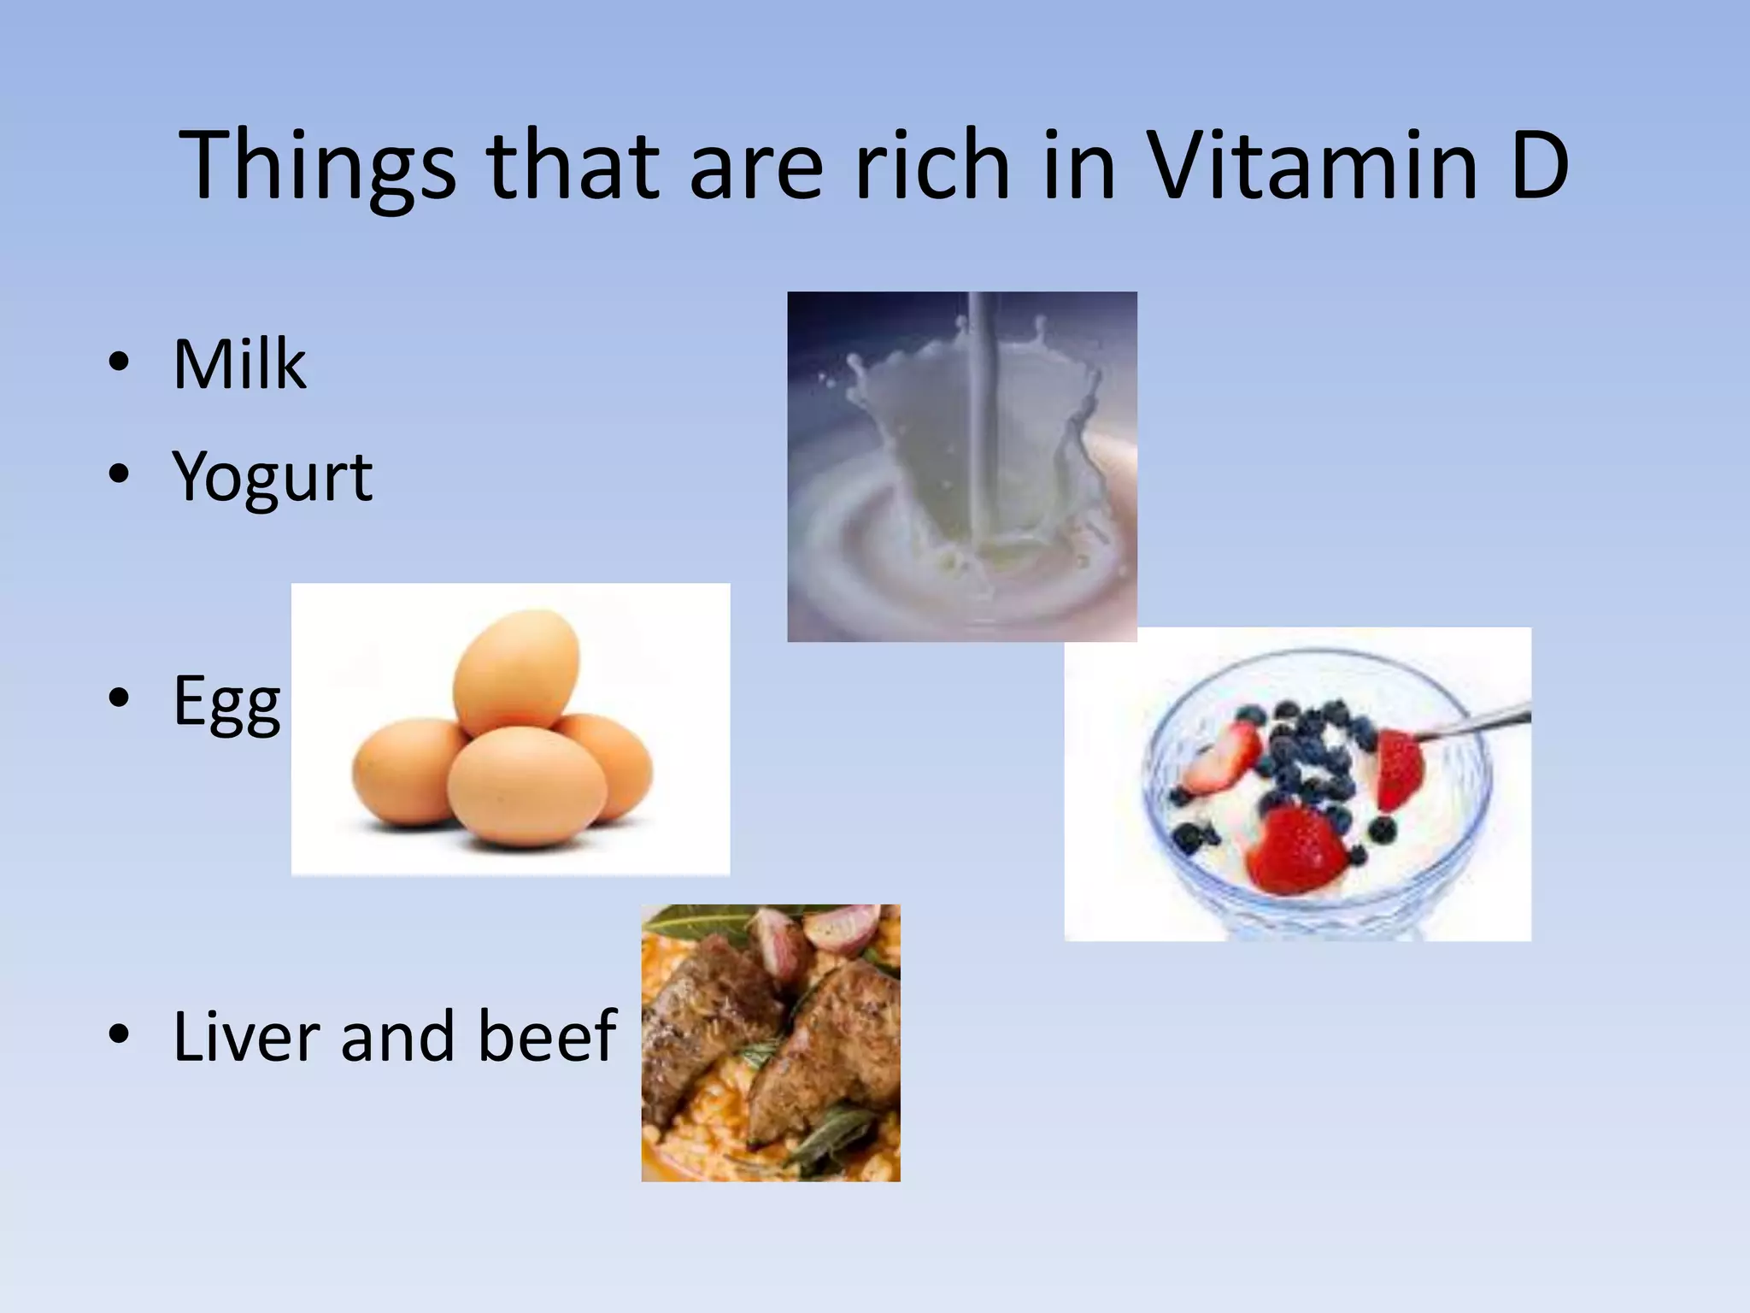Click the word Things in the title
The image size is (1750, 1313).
[317, 167]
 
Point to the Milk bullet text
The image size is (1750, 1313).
[239, 365]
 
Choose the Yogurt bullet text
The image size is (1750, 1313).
[272, 477]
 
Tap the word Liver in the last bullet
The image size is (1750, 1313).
[247, 1036]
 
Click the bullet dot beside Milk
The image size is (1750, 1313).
[119, 362]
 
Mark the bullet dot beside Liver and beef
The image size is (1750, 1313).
[119, 1034]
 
